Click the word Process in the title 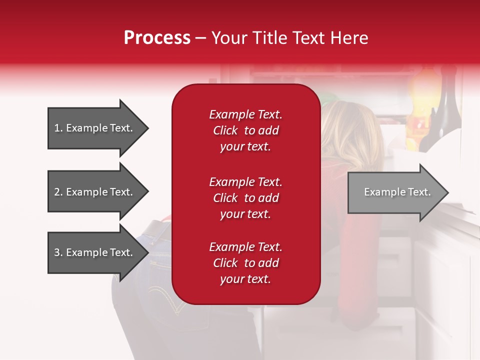click(x=157, y=37)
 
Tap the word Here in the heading click(x=349, y=37)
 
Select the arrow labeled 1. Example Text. click(x=98, y=128)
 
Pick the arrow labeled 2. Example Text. click(x=98, y=191)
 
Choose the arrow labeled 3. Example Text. click(x=98, y=252)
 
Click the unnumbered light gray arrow click(x=398, y=192)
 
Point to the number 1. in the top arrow click(x=58, y=128)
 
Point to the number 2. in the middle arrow click(x=58, y=192)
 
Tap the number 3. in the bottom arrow click(x=58, y=252)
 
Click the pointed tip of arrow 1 click(x=149, y=128)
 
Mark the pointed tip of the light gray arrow click(x=449, y=192)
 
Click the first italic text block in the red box click(x=245, y=130)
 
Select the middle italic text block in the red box click(x=245, y=198)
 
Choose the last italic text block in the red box click(x=245, y=262)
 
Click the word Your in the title click(x=229, y=37)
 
